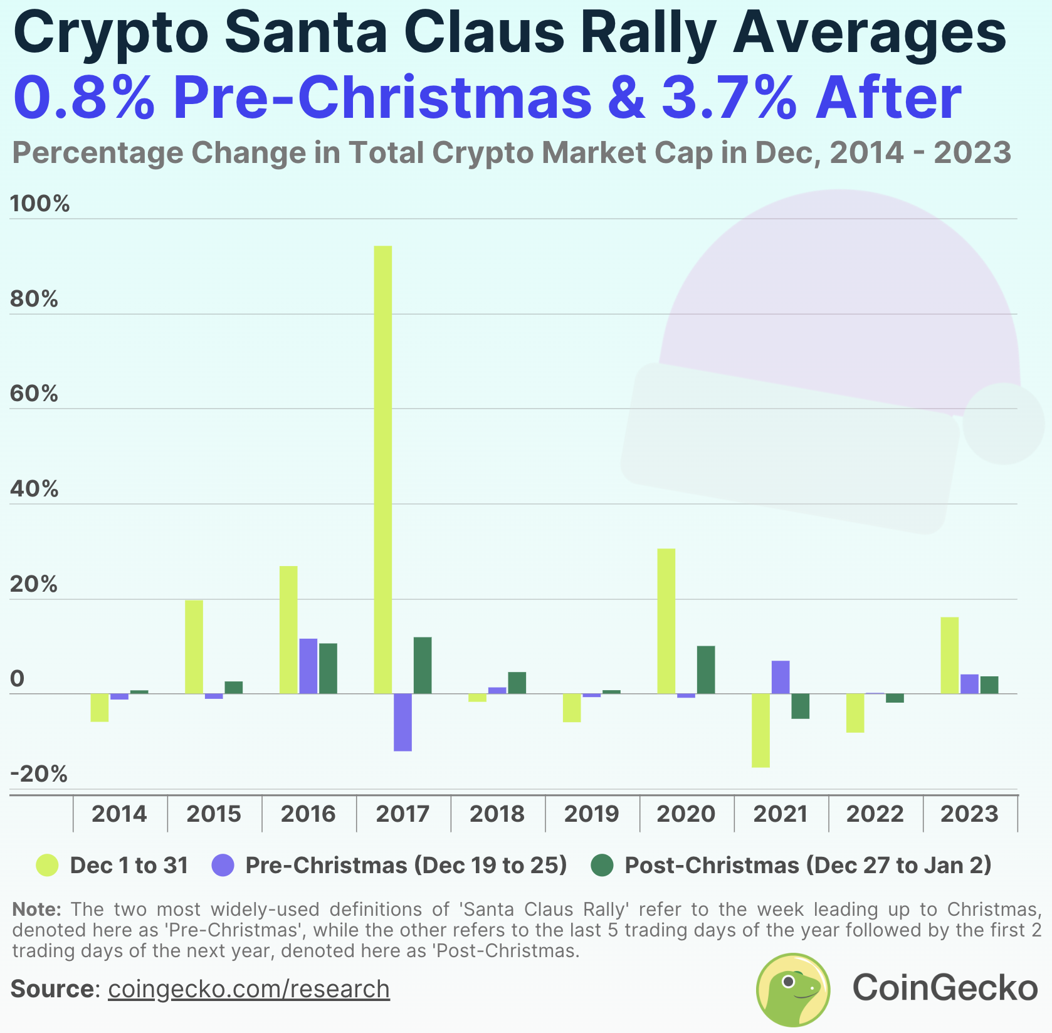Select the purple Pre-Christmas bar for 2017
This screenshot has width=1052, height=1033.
[402, 721]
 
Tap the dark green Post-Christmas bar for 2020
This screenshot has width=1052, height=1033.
[705, 669]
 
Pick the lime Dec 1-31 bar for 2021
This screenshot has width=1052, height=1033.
[760, 730]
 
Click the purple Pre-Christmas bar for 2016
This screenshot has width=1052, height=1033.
[308, 666]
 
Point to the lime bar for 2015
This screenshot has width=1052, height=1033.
[194, 646]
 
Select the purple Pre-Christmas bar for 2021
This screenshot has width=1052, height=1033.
[780, 677]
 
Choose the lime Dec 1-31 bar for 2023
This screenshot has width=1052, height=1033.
[949, 655]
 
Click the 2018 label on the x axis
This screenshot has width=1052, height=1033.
[497, 814]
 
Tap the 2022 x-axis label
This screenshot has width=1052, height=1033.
[875, 814]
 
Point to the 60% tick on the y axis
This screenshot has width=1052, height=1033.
[34, 394]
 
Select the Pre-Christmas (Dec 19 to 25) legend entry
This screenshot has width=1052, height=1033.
[406, 866]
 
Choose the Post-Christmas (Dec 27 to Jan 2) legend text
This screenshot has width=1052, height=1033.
[807, 866]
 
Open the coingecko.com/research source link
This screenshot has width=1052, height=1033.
[249, 989]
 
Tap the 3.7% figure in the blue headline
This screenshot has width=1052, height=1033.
[729, 98]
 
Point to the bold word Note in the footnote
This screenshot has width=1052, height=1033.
[36, 909]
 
